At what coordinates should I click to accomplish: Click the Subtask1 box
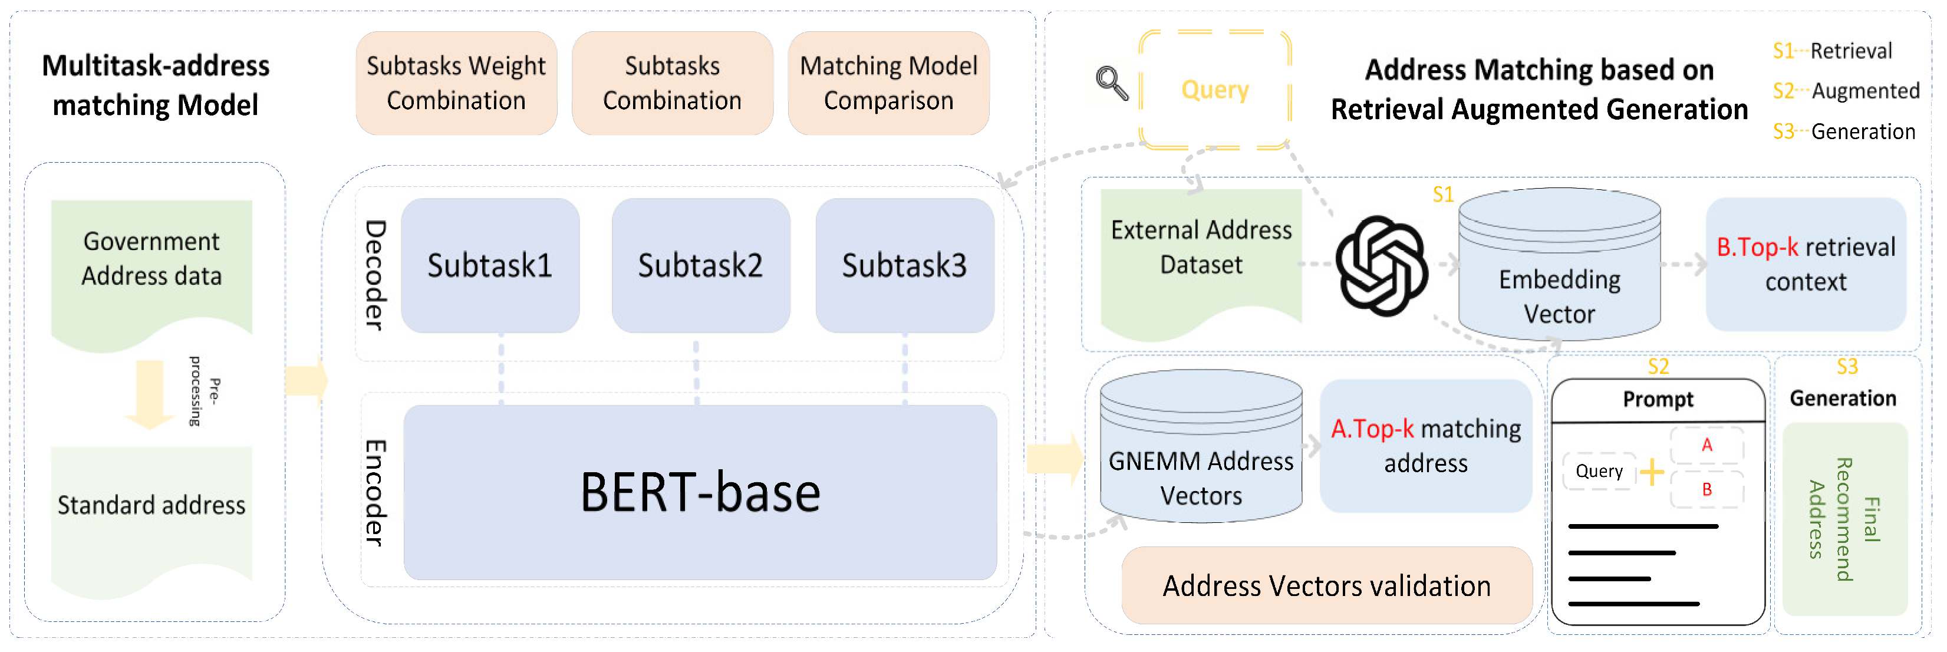(x=490, y=265)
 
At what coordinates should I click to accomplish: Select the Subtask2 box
(x=701, y=265)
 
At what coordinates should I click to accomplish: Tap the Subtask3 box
(x=905, y=265)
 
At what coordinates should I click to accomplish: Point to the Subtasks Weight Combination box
(x=456, y=83)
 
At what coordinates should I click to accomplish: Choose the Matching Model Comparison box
(x=889, y=83)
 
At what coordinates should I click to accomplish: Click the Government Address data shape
(x=151, y=261)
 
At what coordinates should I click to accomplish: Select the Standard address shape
(x=151, y=506)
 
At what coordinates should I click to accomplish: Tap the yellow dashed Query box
(x=1215, y=90)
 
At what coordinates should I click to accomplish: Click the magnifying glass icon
(x=1112, y=83)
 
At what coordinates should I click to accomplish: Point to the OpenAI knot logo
(x=1382, y=265)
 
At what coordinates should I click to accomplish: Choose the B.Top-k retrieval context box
(x=1806, y=265)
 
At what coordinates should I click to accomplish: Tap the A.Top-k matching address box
(x=1425, y=446)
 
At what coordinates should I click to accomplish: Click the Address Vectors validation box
(x=1326, y=585)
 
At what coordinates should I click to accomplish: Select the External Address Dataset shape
(x=1201, y=249)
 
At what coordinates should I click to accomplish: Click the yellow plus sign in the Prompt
(x=1652, y=472)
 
